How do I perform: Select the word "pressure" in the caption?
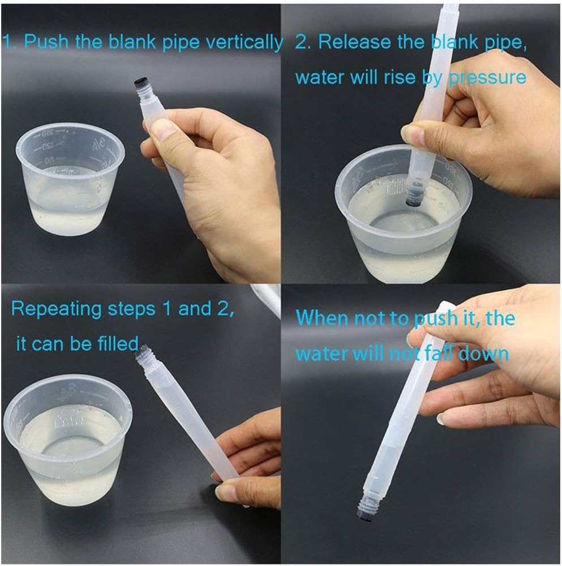(487, 77)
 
